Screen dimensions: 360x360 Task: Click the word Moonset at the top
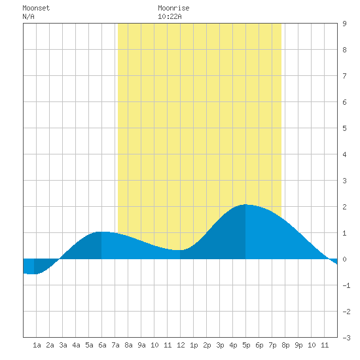pos(36,8)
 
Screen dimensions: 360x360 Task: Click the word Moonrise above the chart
pos(173,8)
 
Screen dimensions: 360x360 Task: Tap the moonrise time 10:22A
pos(170,16)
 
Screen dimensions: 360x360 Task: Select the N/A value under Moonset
pos(28,16)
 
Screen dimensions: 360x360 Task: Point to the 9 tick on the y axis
pos(344,24)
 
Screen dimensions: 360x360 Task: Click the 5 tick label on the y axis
pos(344,128)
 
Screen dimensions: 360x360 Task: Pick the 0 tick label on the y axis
pos(344,259)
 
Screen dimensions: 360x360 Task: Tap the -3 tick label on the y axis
pos(346,338)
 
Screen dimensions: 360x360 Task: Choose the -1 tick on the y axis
pos(346,285)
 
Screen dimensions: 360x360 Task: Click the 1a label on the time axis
pos(37,345)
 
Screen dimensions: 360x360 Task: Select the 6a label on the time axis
pos(102,345)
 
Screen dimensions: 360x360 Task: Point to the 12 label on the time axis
pos(181,345)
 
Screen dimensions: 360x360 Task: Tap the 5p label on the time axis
pos(246,345)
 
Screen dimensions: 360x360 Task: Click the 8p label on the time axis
pos(285,345)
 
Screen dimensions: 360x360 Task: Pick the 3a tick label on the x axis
pos(63,345)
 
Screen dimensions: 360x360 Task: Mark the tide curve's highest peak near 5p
pos(245,204)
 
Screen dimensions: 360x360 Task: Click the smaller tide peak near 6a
pos(101,232)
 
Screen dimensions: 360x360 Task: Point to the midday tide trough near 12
pos(180,250)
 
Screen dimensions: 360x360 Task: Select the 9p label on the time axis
pos(298,345)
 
